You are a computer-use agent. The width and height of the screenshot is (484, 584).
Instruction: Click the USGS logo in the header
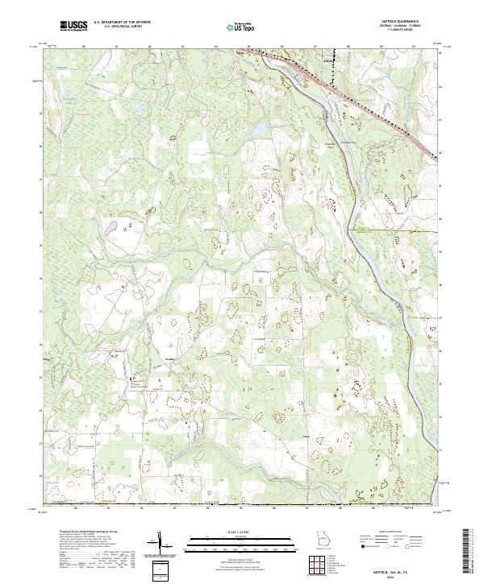click(73, 27)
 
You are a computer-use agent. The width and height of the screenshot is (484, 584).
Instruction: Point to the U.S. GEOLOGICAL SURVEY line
click(119, 28)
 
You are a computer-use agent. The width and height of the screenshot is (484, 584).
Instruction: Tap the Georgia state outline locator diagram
click(323, 538)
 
